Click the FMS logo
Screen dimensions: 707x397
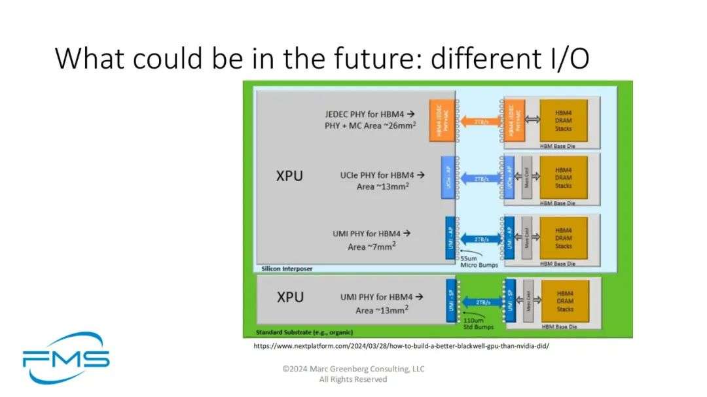(x=65, y=358)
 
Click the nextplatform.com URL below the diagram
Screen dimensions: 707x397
(x=401, y=346)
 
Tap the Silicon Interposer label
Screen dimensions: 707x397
(x=283, y=269)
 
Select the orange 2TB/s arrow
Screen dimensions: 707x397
(x=477, y=121)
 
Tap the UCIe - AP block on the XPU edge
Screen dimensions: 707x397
(x=448, y=177)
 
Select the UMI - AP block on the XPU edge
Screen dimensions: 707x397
(x=450, y=237)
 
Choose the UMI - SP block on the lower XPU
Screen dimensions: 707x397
(x=450, y=300)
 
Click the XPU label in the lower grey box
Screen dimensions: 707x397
(x=290, y=297)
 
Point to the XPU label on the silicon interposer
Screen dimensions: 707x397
(x=290, y=176)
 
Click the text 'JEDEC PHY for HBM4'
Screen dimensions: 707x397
(x=369, y=113)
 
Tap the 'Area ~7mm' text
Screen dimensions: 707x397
(x=372, y=247)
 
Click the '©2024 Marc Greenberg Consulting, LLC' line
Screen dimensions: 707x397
(x=353, y=369)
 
